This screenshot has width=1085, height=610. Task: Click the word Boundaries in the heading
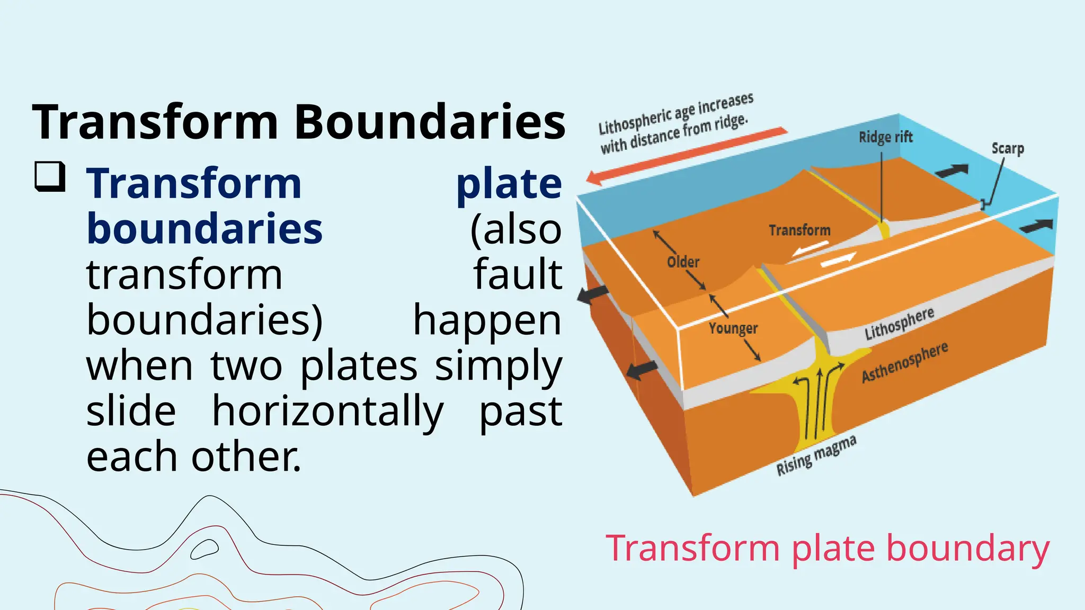[430, 122]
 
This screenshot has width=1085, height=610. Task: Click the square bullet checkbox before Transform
[50, 176]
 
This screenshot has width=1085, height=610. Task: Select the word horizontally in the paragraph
[327, 411]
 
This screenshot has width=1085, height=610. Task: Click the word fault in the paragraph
[517, 274]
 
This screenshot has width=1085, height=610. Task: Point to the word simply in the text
[498, 366]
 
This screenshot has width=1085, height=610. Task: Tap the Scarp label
[1007, 149]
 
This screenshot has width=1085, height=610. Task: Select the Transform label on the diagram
[799, 230]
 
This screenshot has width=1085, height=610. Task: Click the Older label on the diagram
[683, 262]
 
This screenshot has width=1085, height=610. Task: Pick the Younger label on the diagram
[733, 328]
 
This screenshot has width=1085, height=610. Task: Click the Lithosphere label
[899, 324]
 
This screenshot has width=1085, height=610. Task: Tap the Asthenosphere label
[904, 362]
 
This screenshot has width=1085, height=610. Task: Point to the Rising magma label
[816, 455]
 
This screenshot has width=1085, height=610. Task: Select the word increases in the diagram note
[725, 105]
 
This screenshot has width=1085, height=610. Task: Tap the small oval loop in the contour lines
[204, 550]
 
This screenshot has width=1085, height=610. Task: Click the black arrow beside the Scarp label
[951, 171]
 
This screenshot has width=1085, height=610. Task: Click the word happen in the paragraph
[487, 320]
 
